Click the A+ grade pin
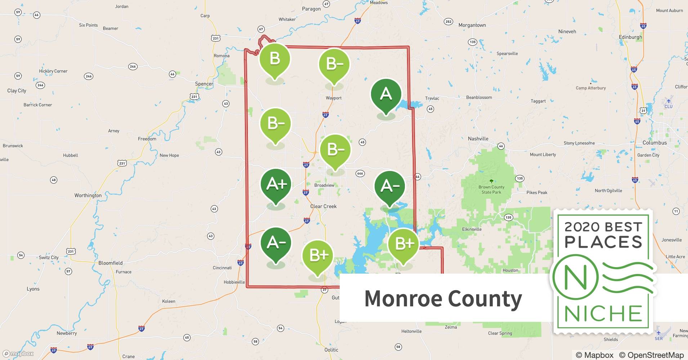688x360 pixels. pos(276,184)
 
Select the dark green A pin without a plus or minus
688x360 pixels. pos(386,94)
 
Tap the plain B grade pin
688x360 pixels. pos(275,58)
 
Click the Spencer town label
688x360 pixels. pos(204,84)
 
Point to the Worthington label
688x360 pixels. pos(88,195)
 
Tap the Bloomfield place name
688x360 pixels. pos(110,263)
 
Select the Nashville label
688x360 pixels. pos(478,139)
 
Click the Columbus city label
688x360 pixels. pos(655,143)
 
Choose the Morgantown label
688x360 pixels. pos(472,25)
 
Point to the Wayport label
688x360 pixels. pos(334,98)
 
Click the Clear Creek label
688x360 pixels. pos(323,206)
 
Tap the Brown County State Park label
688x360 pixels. pos(491,189)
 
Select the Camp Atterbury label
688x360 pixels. pos(591,88)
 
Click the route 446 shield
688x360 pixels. pos(360,173)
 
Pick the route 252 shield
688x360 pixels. pos(448,22)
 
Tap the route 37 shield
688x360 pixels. pos(325,289)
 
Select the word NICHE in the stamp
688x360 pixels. pos(603,314)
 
